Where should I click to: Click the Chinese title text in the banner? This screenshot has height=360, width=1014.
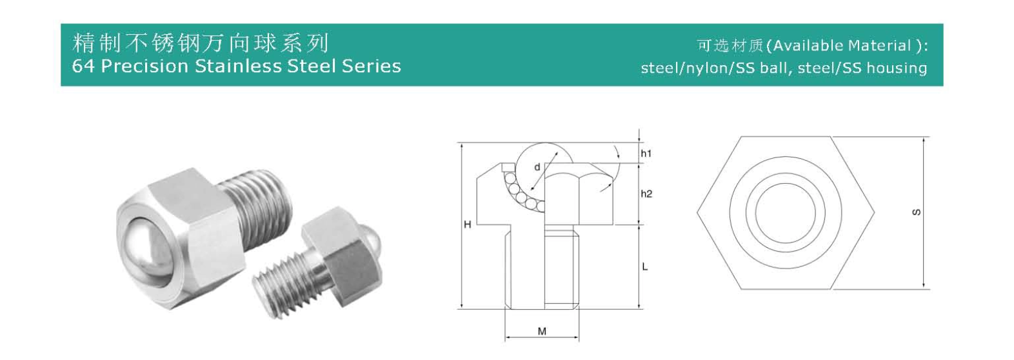point(201,43)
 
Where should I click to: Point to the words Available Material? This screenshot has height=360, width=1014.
point(842,46)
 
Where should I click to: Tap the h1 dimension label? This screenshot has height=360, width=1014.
point(646,154)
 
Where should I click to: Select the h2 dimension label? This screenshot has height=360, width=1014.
point(646,194)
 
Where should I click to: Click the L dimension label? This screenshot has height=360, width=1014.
point(644,266)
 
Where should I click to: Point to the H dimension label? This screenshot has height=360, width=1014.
point(468,225)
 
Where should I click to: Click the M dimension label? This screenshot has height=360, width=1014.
point(542,332)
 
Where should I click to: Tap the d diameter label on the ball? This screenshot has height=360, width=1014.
point(537,167)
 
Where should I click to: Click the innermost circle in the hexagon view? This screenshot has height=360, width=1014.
point(785,212)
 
